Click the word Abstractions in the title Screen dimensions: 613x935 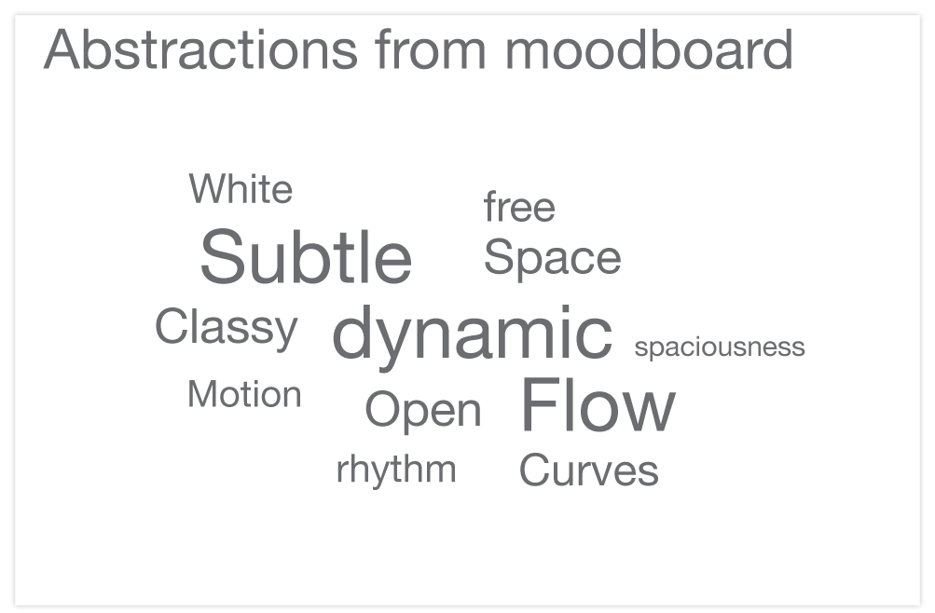click(200, 49)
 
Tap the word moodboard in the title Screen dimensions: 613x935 click(649, 49)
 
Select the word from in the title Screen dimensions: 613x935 click(431, 49)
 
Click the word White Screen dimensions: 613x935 click(241, 190)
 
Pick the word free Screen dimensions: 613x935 click(519, 207)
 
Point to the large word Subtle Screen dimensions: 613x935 click(306, 258)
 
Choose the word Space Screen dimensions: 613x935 click(552, 258)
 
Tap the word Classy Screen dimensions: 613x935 click(226, 328)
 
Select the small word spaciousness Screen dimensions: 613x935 click(719, 347)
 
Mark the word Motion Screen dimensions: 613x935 click(244, 395)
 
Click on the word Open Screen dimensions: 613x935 click(422, 410)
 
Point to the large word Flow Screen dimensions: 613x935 click(597, 406)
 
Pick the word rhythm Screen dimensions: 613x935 click(396, 470)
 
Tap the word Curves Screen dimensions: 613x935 click(588, 470)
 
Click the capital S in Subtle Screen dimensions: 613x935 click(221, 258)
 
